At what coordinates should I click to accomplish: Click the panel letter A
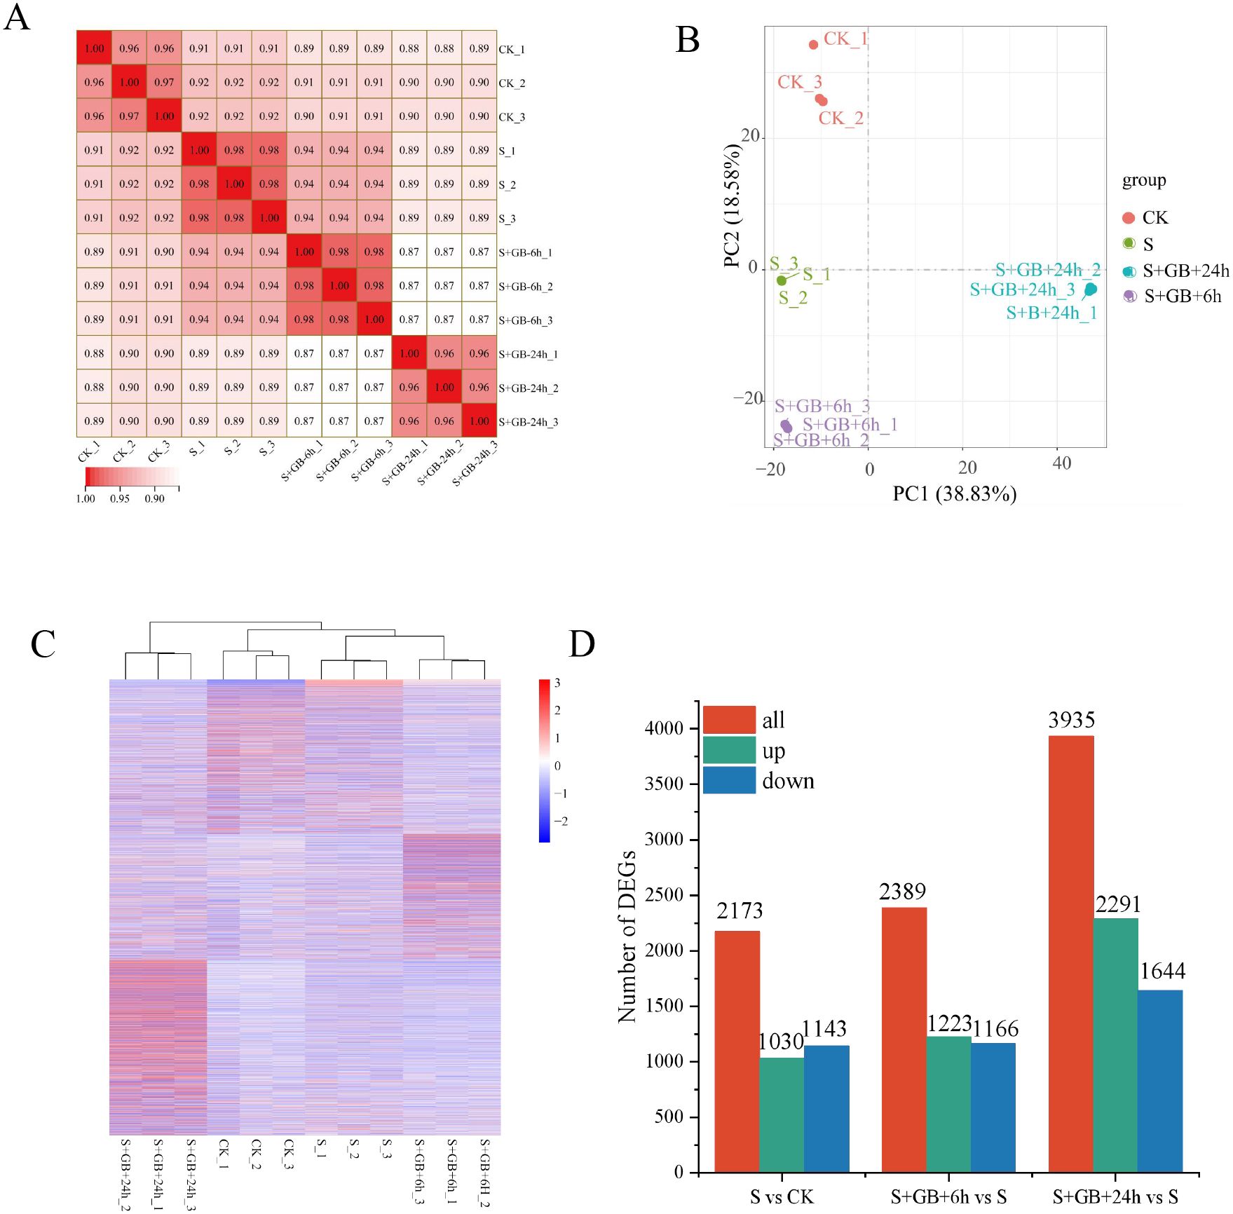(18, 18)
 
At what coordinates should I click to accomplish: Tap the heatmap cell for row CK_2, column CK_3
(164, 82)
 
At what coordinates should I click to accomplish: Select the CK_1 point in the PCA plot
(813, 45)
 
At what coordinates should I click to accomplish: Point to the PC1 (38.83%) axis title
(954, 494)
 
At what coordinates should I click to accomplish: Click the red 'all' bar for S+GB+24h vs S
(1070, 953)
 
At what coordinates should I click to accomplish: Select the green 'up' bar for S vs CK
(781, 1114)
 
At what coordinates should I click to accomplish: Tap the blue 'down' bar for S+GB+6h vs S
(993, 1107)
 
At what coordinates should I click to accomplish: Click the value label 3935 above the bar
(1071, 720)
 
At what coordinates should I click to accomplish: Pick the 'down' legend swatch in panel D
(729, 780)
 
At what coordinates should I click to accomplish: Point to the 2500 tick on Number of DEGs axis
(663, 895)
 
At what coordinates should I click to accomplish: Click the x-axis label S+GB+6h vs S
(948, 1197)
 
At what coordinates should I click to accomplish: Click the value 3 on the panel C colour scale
(557, 683)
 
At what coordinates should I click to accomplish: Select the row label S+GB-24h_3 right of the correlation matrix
(528, 422)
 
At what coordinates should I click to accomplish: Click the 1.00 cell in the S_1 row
(199, 150)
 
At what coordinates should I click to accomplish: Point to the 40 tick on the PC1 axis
(1061, 464)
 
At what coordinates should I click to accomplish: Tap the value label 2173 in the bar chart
(739, 911)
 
